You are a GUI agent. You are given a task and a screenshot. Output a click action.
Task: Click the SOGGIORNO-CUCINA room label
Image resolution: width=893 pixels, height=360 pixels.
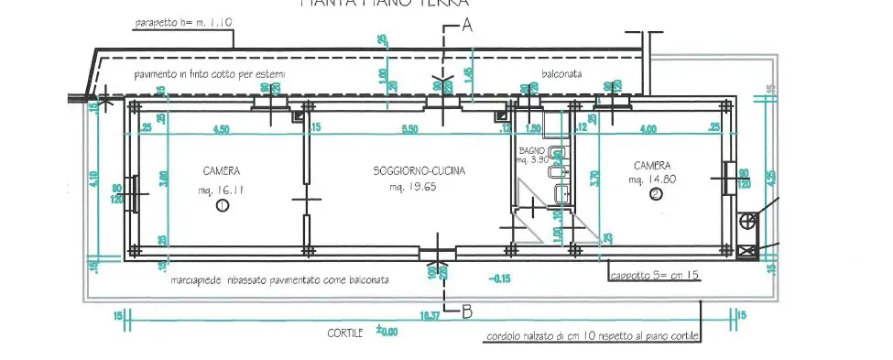(419, 171)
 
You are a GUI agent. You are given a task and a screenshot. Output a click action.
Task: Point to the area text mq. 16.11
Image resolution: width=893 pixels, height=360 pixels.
(220, 191)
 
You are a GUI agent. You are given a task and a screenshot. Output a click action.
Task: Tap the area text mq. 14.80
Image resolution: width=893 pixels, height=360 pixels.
(652, 180)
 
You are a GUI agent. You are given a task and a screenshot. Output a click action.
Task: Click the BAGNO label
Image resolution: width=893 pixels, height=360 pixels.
(531, 149)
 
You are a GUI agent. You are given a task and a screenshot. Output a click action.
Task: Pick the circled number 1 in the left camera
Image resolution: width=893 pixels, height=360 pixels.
(221, 208)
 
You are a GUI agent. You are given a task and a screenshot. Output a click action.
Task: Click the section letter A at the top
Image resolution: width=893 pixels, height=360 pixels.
(466, 27)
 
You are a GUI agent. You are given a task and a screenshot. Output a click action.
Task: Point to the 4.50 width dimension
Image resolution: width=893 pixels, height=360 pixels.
(221, 129)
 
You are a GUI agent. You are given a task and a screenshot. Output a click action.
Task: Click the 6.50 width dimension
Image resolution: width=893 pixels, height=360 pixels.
(409, 129)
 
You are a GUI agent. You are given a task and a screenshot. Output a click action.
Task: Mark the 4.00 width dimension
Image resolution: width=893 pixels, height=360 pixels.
(648, 129)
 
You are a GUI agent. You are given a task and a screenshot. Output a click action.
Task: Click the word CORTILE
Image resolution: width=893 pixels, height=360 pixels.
(345, 333)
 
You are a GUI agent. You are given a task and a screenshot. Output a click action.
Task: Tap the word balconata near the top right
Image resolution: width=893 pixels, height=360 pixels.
(562, 73)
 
